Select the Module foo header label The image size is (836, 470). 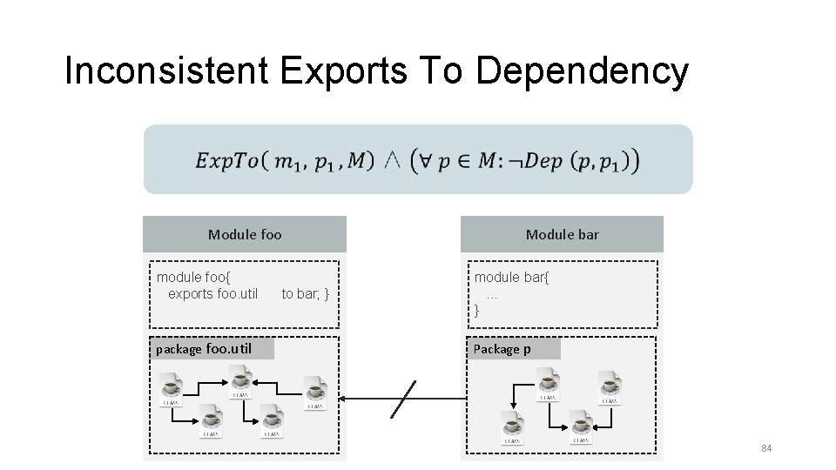coord(245,234)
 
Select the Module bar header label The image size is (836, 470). coord(562,234)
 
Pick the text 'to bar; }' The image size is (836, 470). coord(305,294)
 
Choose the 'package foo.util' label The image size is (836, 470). coord(204,349)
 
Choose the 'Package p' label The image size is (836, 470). coord(502,349)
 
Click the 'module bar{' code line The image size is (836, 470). coord(511,278)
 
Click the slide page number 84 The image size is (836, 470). coord(766,448)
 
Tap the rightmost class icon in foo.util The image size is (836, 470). coord(315,392)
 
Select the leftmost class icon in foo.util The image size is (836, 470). coord(171,389)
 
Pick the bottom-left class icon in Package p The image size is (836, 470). coord(512,426)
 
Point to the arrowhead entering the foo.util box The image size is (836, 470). coord(343,399)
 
